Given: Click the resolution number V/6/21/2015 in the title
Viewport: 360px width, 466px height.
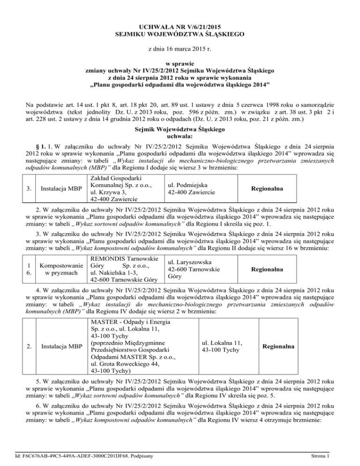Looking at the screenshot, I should pyautogui.click(x=199, y=26).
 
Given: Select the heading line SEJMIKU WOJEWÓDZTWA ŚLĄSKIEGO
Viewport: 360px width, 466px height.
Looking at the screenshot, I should pyautogui.click(x=180, y=34).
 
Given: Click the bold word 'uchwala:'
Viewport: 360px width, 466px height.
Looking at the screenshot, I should pyautogui.click(x=180, y=135).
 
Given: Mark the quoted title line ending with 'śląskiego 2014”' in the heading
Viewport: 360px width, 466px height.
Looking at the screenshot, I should pyautogui.click(x=180, y=85).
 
